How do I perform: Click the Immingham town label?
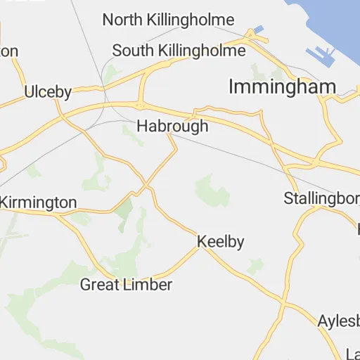pos(282,86)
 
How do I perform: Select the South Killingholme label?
pos(179,51)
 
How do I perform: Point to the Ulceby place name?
pos(49,91)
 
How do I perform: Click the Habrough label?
pos(172,127)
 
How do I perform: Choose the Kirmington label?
pos(38,202)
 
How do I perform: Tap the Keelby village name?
pos(220,242)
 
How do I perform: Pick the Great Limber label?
pos(126,285)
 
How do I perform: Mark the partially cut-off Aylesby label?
pos(338,320)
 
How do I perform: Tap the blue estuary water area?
pos(330,21)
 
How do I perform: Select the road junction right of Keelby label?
pos(200,247)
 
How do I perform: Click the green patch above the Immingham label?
pos(261,70)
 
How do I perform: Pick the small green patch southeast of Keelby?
pos(255,266)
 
